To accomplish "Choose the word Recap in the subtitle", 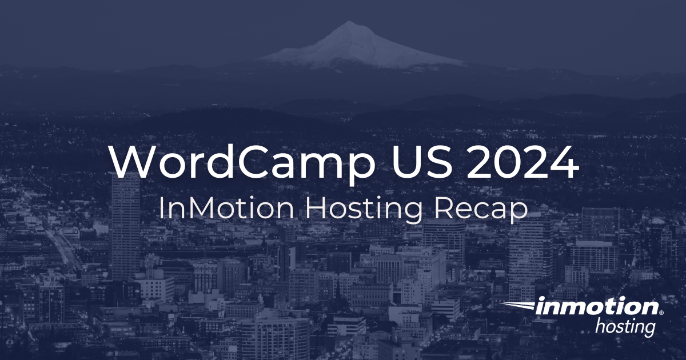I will pos(481,210).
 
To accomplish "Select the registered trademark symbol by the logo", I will pos(661,313).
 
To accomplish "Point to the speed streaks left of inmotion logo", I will pos(517,307).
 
